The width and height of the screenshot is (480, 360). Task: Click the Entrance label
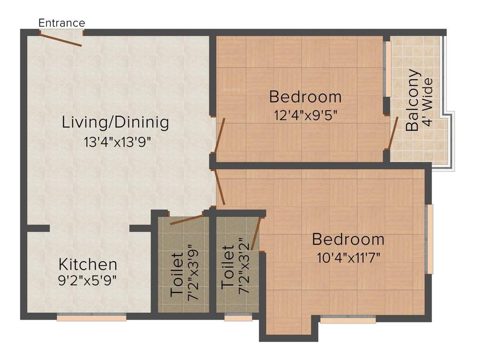point(61,22)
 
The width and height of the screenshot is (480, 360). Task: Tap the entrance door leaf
point(61,39)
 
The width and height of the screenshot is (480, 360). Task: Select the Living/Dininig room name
point(115,123)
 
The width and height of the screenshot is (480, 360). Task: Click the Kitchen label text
point(88,264)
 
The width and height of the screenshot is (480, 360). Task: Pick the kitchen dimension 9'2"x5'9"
point(88,280)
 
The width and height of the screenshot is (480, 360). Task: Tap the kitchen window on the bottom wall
point(91,317)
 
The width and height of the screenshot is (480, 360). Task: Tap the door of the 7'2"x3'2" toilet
point(255,234)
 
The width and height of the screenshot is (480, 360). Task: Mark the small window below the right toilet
point(238,318)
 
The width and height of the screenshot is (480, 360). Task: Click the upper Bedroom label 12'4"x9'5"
point(305,97)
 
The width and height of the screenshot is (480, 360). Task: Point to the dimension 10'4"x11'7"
point(348,257)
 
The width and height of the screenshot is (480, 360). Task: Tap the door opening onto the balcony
point(394,133)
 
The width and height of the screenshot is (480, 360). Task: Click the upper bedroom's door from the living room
point(219,136)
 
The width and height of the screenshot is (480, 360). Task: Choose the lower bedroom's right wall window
point(429,239)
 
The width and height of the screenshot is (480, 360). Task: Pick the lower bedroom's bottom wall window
point(348,320)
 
